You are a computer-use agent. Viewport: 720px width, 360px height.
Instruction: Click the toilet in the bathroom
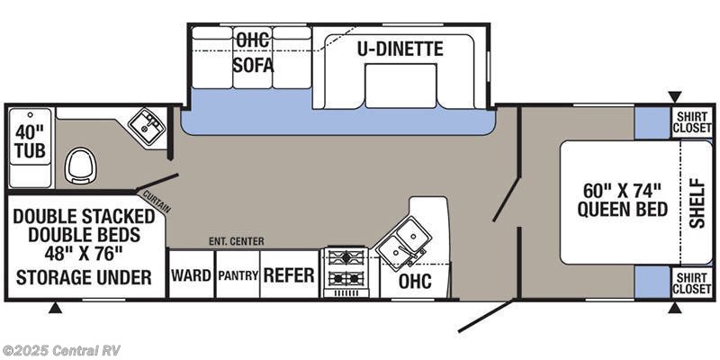(x=81, y=166)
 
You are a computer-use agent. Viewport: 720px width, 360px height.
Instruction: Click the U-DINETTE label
(x=400, y=49)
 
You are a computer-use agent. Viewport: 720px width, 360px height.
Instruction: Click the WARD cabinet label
(x=191, y=275)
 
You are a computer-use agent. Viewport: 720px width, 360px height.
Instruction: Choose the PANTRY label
(x=238, y=275)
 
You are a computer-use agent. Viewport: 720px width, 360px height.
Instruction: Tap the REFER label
(x=289, y=275)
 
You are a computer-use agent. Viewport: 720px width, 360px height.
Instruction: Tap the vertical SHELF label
(x=698, y=202)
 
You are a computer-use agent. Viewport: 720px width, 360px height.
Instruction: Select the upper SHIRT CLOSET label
(x=692, y=123)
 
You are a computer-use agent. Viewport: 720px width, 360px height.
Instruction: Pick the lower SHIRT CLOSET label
(x=692, y=282)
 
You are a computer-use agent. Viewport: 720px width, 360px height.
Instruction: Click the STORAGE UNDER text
(x=84, y=276)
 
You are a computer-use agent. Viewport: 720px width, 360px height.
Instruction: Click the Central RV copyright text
(x=61, y=350)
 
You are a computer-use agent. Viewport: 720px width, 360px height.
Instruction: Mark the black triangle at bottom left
(x=55, y=309)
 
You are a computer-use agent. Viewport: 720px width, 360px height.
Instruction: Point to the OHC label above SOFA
(x=253, y=40)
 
